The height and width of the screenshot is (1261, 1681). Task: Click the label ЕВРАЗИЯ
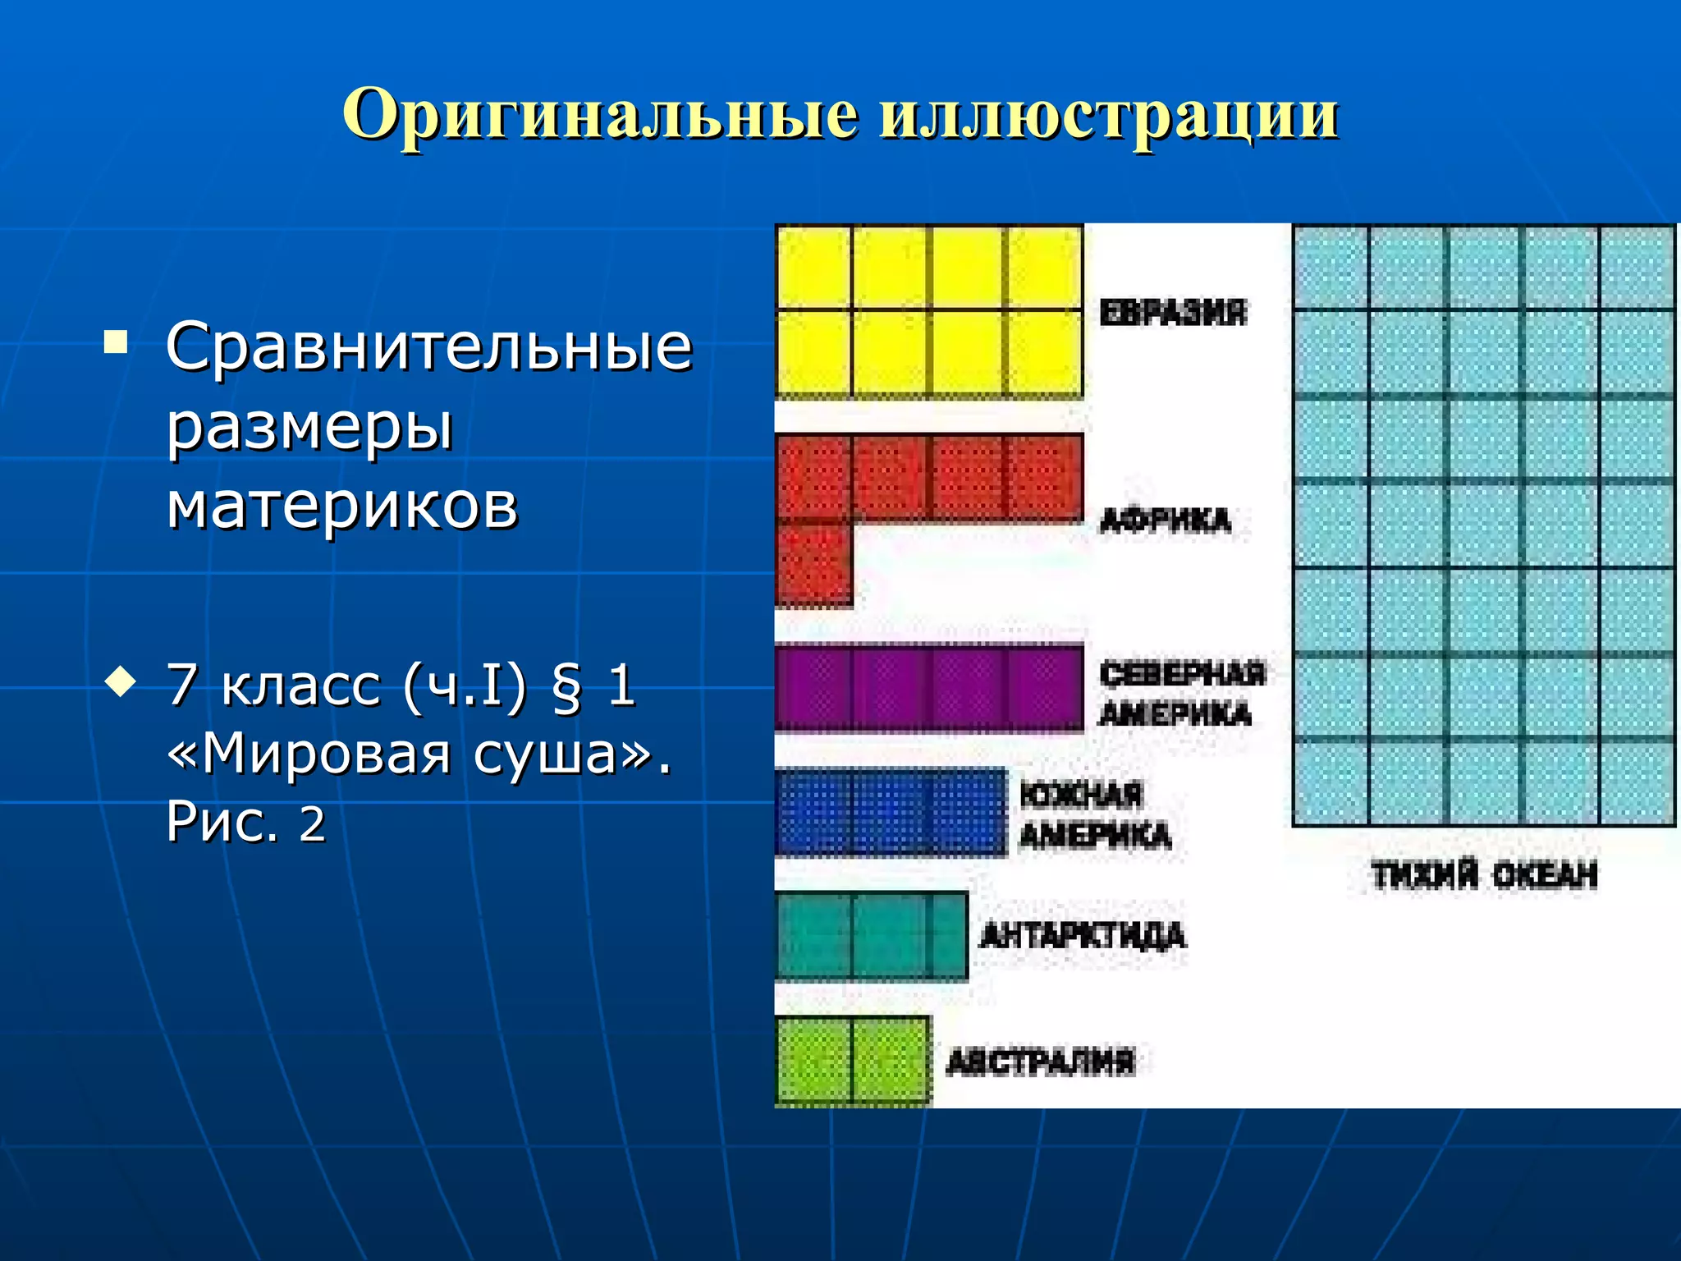click(1172, 313)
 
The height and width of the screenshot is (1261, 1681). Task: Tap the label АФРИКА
click(1166, 520)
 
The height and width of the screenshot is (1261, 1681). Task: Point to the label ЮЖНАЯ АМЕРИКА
click(1093, 815)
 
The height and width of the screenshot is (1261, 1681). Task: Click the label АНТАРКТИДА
click(1083, 935)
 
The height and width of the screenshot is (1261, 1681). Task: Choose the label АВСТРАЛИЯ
click(1040, 1062)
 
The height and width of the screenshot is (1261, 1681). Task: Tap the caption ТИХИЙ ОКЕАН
click(1484, 875)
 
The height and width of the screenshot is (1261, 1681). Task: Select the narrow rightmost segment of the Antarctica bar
click(950, 936)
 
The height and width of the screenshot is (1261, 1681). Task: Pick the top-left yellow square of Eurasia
click(813, 268)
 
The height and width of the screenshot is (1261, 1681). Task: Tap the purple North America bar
click(928, 689)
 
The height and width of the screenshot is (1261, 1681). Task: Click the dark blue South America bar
click(891, 812)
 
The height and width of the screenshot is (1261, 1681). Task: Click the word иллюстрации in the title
click(1108, 115)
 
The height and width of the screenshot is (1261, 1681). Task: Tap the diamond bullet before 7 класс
click(121, 682)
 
